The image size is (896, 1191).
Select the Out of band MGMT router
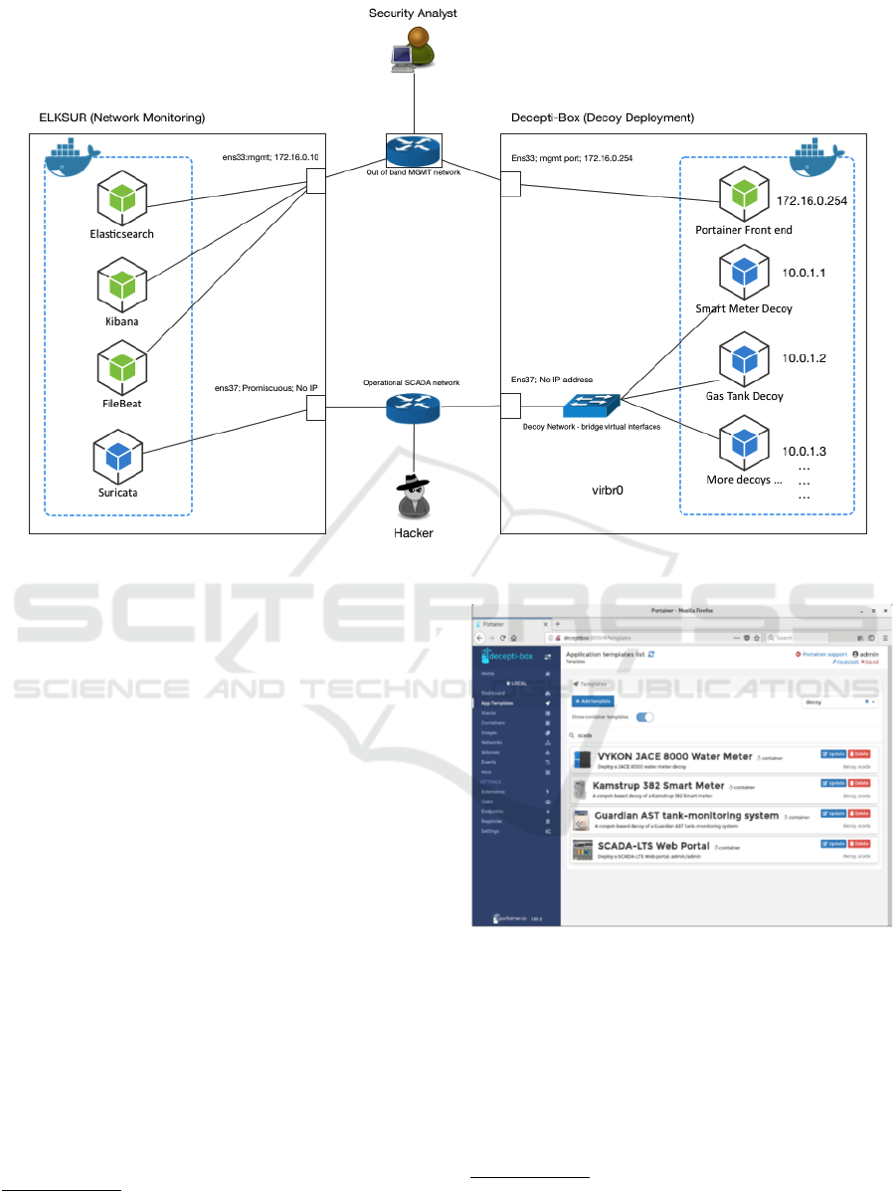coord(413,150)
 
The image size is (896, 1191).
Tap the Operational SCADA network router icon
coord(413,408)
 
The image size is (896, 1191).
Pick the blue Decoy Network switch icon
coord(590,405)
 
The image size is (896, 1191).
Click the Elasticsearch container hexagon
coord(121,198)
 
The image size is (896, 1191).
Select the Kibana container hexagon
coord(121,285)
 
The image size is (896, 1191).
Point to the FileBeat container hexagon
coord(121,367)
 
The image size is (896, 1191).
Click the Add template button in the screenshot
coord(593,701)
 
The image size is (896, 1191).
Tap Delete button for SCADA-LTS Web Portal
coord(861,843)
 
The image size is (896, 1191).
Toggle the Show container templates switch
coord(644,716)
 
